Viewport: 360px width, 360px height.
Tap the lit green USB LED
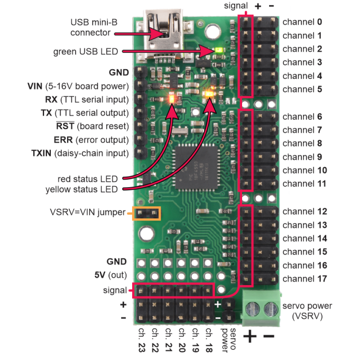217,51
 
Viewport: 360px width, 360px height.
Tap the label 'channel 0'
302,22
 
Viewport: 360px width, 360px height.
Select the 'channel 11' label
304,183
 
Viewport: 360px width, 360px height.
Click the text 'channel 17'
304,278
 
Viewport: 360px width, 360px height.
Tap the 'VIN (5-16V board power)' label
78,86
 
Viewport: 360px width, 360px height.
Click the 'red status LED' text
88,178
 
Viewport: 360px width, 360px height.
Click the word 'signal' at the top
234,6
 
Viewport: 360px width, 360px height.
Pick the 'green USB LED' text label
86,52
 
